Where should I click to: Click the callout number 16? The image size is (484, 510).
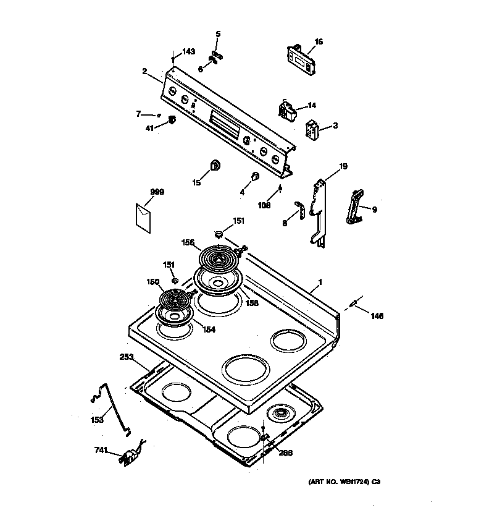[319, 42]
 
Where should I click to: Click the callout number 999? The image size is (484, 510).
[157, 192]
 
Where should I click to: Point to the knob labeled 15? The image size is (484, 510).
[216, 165]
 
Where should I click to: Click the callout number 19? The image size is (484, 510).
[344, 166]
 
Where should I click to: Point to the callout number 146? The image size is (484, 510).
[377, 316]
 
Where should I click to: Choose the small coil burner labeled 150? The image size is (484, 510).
[175, 301]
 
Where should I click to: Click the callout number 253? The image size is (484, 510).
[126, 357]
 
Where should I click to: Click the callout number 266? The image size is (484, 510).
[285, 452]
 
